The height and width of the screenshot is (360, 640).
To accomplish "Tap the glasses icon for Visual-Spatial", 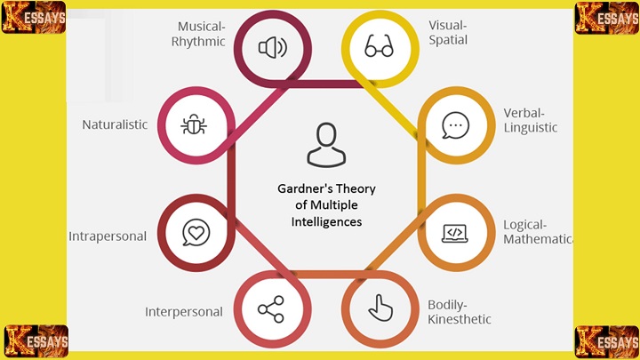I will click(x=380, y=47).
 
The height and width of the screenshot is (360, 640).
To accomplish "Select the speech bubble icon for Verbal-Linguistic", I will click(x=455, y=125).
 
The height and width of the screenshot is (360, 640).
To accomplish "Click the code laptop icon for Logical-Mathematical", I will click(x=455, y=233).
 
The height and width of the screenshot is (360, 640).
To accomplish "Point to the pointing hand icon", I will click(x=380, y=309).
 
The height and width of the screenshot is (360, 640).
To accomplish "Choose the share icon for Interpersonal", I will click(x=270, y=309).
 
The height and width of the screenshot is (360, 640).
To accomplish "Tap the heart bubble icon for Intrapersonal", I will click(x=195, y=233).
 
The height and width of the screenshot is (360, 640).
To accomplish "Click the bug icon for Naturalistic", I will click(x=195, y=125).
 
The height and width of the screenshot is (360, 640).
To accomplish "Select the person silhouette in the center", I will click(x=324, y=146).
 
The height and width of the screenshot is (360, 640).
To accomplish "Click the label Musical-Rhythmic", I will click(x=201, y=34).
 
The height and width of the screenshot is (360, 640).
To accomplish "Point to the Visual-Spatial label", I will click(x=447, y=33).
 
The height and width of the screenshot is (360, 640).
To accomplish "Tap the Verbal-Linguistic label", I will click(x=530, y=120).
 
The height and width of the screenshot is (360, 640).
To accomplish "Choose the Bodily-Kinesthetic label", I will click(x=459, y=312).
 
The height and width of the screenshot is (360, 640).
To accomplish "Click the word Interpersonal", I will click(x=184, y=312).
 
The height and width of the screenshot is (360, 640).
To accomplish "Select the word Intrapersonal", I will click(x=108, y=236).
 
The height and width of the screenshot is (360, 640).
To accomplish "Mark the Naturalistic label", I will click(x=115, y=125).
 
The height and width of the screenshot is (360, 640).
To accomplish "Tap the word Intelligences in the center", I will click(x=325, y=221).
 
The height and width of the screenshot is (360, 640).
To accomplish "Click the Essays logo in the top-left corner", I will click(x=34, y=18).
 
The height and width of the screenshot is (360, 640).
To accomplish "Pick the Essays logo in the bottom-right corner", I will click(x=607, y=341).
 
